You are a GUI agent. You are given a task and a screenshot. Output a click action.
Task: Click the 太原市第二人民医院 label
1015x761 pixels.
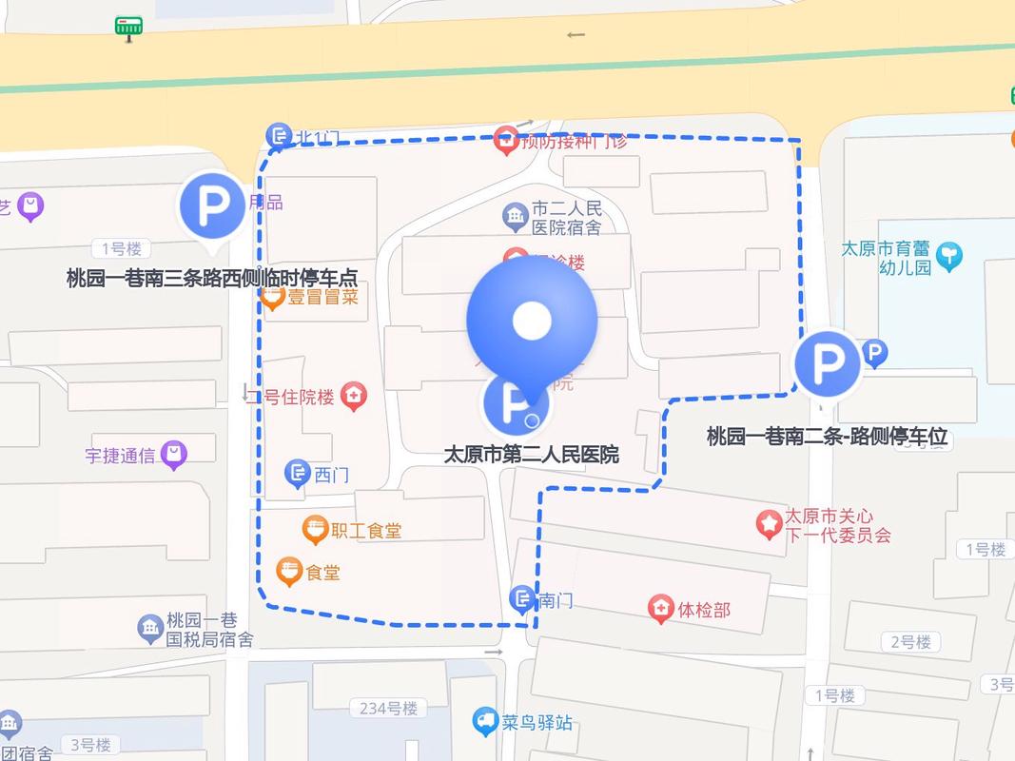click(531, 455)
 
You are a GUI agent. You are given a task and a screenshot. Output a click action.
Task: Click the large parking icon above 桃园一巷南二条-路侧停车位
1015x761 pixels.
click(827, 363)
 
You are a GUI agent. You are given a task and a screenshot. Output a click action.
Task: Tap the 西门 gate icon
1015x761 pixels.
click(298, 473)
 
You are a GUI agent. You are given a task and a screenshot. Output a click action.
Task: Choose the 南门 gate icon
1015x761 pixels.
click(522, 598)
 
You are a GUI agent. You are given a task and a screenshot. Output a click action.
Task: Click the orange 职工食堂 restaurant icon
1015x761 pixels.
click(315, 530)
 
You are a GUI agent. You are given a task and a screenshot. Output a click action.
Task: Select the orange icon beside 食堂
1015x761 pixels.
click(289, 571)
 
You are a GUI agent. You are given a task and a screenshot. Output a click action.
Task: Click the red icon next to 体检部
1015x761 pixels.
click(660, 609)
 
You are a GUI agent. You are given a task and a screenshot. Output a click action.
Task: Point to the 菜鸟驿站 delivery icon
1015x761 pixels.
click(486, 722)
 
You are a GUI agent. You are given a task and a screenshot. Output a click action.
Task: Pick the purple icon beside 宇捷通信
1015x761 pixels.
click(173, 455)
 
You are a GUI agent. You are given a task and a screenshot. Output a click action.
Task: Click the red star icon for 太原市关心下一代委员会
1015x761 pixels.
click(769, 524)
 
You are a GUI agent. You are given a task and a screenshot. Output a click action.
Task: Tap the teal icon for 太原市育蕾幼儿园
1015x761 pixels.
click(948, 256)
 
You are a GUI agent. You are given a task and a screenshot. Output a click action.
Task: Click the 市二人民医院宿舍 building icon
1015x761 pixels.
click(516, 217)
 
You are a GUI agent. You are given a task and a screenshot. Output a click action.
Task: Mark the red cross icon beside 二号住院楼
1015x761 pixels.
click(354, 397)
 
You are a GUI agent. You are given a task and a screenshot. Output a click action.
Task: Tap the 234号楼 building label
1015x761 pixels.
click(389, 708)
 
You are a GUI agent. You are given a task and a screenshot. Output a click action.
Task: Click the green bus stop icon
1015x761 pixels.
click(128, 28)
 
